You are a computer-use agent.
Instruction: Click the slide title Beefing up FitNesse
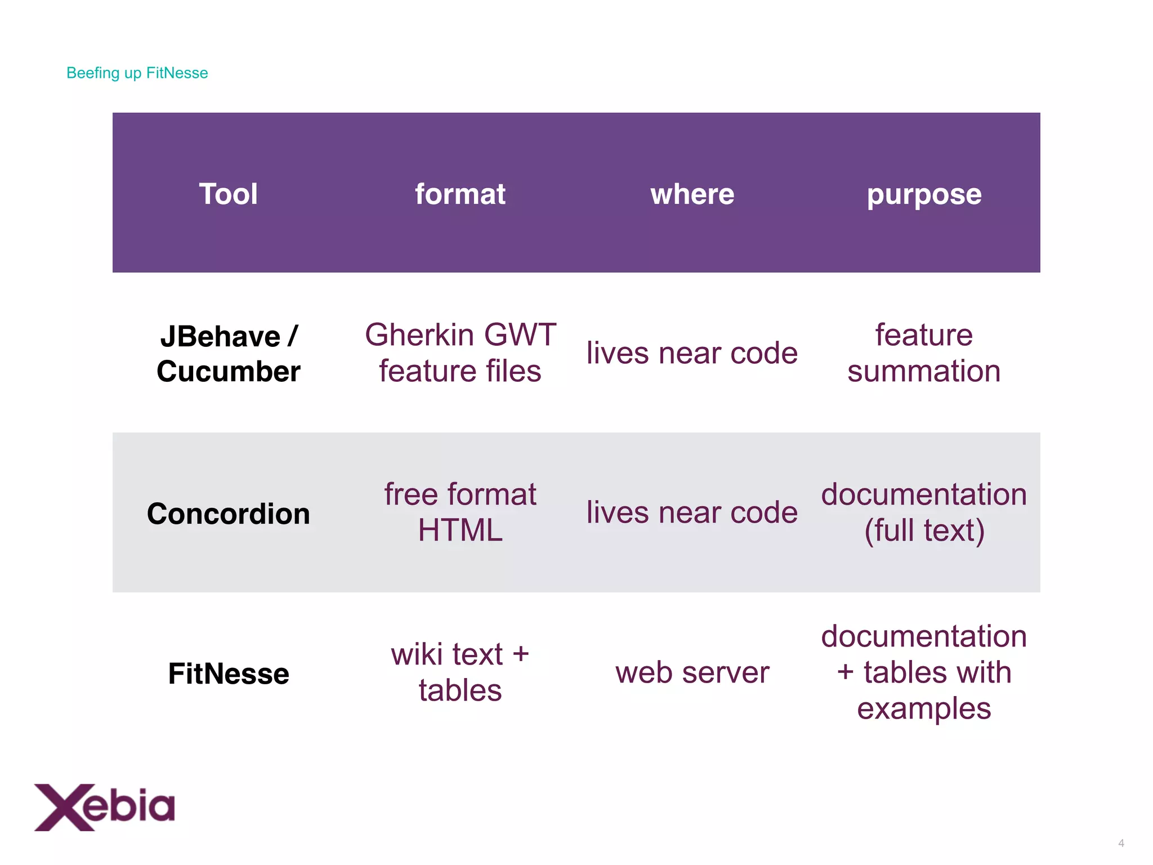tap(137, 73)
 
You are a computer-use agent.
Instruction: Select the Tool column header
tap(228, 194)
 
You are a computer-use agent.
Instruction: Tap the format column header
tap(460, 194)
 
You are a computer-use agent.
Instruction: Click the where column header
tap(692, 194)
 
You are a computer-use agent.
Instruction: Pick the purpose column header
tap(924, 195)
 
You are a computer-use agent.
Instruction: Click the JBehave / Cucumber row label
tap(228, 354)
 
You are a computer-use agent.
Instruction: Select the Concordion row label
tap(228, 514)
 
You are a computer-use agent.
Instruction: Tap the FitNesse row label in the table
tap(228, 674)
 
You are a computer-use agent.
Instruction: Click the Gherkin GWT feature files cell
tap(460, 353)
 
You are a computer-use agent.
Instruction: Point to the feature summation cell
tap(924, 353)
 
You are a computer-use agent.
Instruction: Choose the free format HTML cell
tap(460, 512)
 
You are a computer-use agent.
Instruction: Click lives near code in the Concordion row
tap(692, 512)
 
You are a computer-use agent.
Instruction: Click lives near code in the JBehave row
tap(692, 353)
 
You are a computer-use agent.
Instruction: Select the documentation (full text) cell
tap(924, 512)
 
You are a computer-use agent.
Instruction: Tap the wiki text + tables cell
tap(460, 672)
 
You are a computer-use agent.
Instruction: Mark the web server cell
tap(692, 672)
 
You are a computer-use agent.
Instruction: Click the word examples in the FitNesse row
tap(924, 708)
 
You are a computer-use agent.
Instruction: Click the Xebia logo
tap(105, 806)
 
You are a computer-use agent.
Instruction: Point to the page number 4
tap(1121, 843)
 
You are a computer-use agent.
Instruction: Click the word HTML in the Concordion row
tap(460, 530)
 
